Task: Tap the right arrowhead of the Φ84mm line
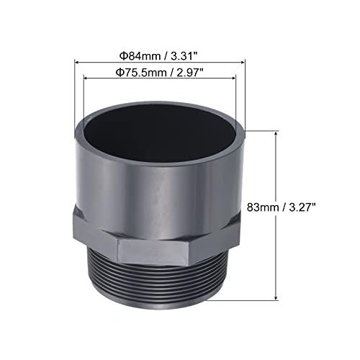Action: tap(245, 63)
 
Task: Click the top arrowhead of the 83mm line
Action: tap(277, 135)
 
